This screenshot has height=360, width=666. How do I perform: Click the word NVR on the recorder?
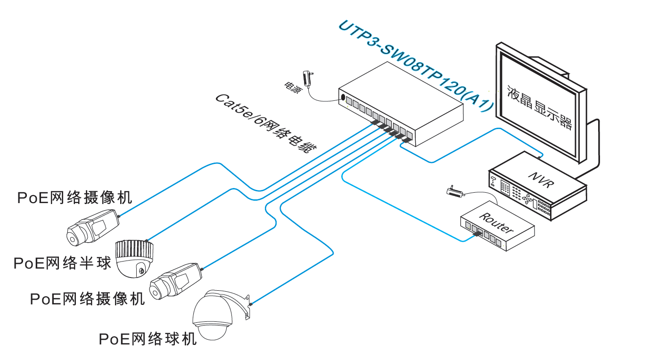click(x=540, y=179)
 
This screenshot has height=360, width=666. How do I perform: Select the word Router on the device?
click(x=496, y=223)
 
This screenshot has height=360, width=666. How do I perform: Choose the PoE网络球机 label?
click(x=148, y=339)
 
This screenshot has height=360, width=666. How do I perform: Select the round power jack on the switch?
click(x=343, y=98)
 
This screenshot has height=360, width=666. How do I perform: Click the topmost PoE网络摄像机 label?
click(x=74, y=197)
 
